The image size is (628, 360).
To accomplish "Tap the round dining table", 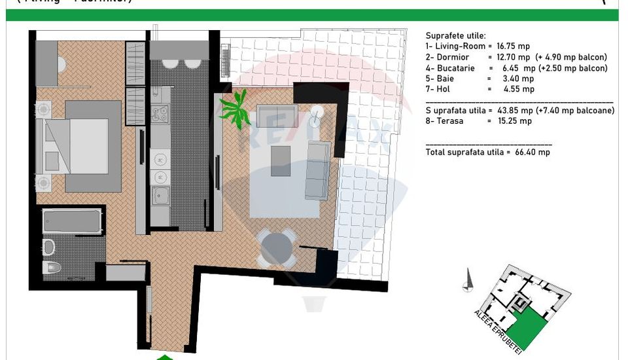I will click(x=276, y=247).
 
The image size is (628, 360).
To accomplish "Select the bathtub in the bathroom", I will click(x=72, y=221).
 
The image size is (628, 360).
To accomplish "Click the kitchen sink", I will click(x=160, y=194).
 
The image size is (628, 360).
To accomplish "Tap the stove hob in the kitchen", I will click(x=160, y=115).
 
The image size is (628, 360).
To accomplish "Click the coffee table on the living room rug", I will click(x=281, y=161).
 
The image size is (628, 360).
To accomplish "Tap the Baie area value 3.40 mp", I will click(x=518, y=79).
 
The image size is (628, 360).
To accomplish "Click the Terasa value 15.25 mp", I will click(x=516, y=121).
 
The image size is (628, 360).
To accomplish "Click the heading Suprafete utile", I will click(x=455, y=35).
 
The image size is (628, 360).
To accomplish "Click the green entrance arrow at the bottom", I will click(x=165, y=357).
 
